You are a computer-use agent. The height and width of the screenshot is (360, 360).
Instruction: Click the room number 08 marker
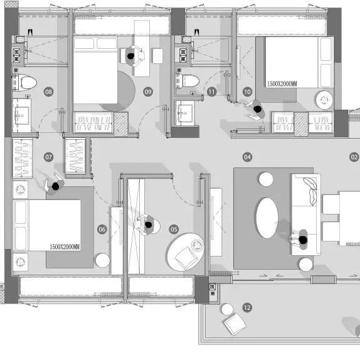pos(48,92)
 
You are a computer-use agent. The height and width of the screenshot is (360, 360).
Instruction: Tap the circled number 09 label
pos(148,92)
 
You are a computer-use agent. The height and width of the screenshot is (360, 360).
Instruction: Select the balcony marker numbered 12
pos(247,307)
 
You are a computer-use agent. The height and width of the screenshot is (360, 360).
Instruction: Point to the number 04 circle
pos(247,157)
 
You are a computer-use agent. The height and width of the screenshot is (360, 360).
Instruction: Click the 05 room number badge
pos(174,229)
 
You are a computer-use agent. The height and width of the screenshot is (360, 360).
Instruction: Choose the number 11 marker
pos(211,92)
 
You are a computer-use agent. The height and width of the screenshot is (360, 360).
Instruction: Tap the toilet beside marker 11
pos(188,81)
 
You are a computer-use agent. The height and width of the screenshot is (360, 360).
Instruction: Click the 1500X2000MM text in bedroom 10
pos(282,84)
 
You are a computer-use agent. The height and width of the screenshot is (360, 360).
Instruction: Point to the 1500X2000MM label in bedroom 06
pos(65,247)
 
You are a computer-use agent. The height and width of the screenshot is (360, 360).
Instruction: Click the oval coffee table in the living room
pos(267,218)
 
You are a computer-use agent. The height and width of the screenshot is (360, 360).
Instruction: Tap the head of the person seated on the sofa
pos(303,240)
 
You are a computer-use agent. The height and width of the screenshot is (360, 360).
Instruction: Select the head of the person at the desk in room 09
pos(130,56)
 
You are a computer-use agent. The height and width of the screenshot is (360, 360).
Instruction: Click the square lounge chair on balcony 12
pos(235,324)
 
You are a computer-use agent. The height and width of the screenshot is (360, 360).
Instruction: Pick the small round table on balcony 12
pos(227,309)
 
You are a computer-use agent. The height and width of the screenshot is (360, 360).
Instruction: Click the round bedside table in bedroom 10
pos(324,100)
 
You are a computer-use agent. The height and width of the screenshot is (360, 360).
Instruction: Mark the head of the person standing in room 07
pos(56,186)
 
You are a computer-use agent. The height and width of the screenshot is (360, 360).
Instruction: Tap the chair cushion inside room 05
pos(186,258)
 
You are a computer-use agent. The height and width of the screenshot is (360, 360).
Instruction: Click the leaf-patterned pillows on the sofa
pos(310,191)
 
